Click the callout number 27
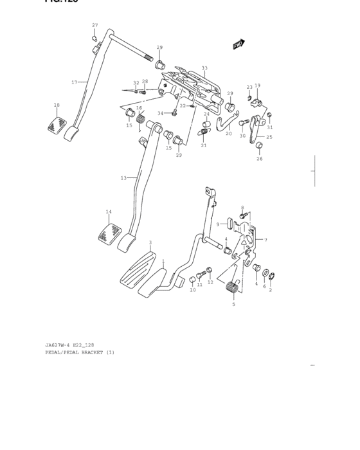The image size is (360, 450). tap(94, 25)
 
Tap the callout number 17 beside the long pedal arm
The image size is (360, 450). tap(74, 82)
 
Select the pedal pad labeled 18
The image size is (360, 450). tap(57, 124)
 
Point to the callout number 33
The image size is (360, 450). tap(204, 68)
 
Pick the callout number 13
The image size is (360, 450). tap(123, 178)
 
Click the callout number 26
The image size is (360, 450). tap(259, 159)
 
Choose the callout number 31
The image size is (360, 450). tap(271, 127)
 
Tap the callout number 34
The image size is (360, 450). tap(161, 113)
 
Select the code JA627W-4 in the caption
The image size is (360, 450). tap(59, 345)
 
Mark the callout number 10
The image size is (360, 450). tap(192, 290)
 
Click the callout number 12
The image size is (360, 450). tap(210, 282)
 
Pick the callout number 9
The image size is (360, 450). tap(219, 224)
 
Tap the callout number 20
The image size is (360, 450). tap(228, 134)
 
